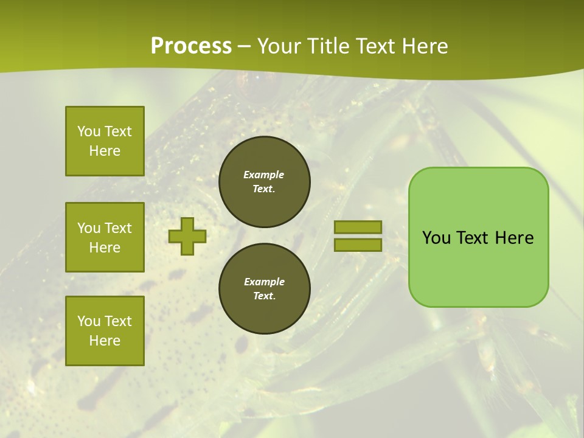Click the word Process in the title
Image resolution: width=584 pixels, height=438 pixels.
(x=191, y=46)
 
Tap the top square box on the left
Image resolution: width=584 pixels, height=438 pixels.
(x=105, y=141)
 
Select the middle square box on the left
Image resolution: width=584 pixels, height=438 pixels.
(x=105, y=237)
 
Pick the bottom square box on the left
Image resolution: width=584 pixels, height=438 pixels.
(x=105, y=331)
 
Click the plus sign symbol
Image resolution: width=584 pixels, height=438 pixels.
(x=187, y=236)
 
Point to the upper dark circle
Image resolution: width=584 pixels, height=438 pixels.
(x=265, y=181)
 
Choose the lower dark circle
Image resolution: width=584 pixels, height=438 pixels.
(x=265, y=288)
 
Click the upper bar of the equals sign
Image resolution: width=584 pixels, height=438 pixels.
(x=358, y=228)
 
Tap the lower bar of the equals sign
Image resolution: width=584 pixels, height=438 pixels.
(x=358, y=245)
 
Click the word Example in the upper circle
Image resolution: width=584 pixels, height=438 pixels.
(x=264, y=175)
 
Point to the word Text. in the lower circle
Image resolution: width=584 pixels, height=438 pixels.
(x=264, y=296)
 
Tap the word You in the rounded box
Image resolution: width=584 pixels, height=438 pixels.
(x=436, y=238)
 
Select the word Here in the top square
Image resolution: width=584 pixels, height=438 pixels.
(x=105, y=151)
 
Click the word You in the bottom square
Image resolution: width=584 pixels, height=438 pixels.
(x=89, y=321)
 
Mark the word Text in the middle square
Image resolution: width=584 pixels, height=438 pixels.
(x=118, y=228)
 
